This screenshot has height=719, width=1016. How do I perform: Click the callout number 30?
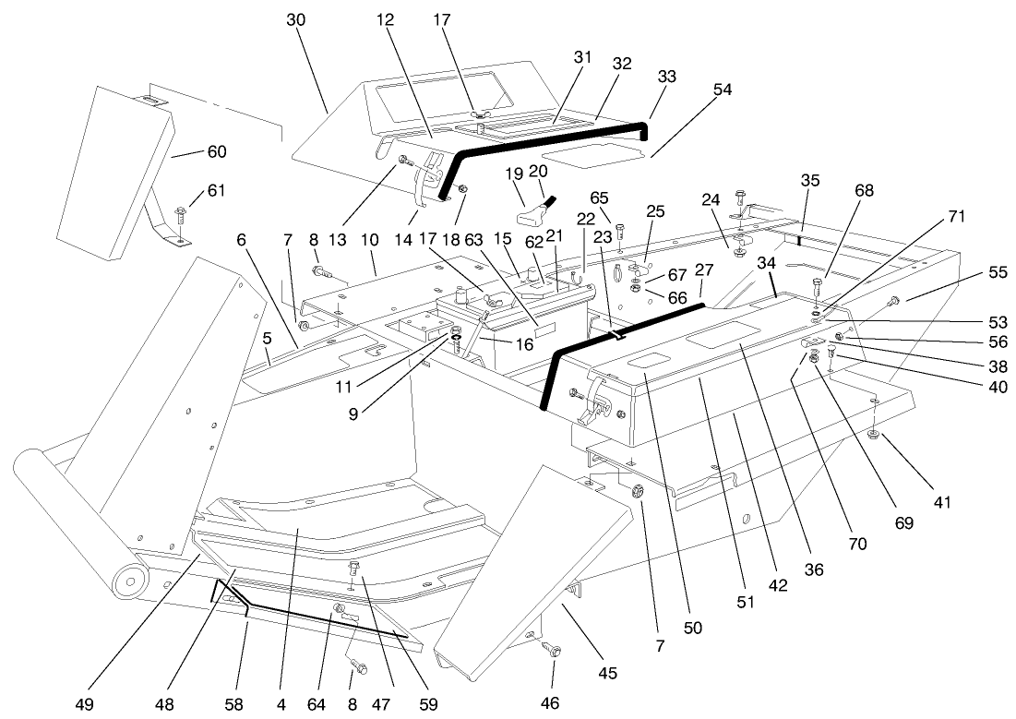point(295,19)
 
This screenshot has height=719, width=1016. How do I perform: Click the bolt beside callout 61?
point(180,214)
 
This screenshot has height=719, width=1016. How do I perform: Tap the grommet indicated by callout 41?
point(874,434)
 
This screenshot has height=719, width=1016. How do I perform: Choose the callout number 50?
point(692,628)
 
